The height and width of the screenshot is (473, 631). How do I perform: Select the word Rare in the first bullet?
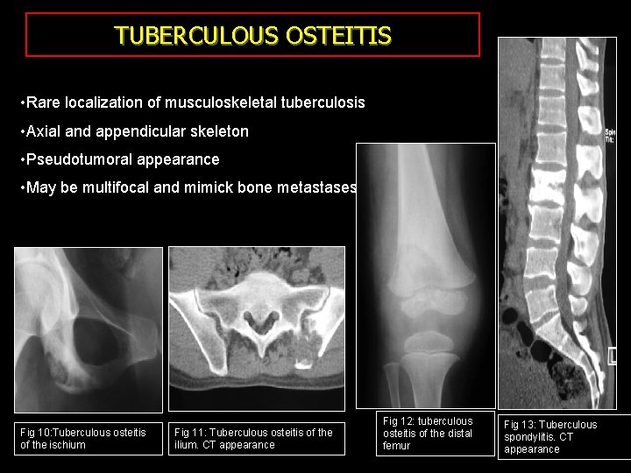42,103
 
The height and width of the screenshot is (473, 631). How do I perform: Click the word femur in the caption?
396,446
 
